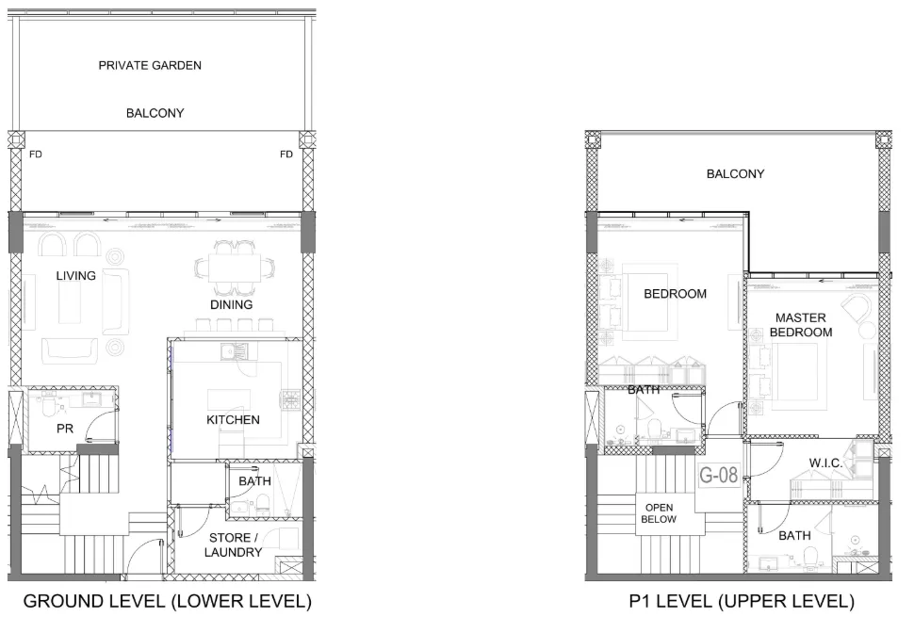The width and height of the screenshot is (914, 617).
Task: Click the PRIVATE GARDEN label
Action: [150, 65]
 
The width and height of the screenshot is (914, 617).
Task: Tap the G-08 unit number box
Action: [719, 475]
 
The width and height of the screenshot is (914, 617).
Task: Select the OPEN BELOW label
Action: [659, 513]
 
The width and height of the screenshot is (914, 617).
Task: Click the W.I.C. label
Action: [825, 463]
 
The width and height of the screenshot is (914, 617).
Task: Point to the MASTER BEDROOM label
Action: [801, 325]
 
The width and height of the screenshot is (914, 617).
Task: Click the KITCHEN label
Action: [233, 419]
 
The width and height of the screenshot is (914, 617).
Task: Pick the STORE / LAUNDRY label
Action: [233, 544]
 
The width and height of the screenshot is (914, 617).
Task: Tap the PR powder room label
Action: [65, 429]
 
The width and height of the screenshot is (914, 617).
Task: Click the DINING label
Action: [232, 304]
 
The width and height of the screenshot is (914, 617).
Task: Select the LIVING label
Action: [75, 276]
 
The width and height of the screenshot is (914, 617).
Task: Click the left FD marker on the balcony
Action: [36, 154]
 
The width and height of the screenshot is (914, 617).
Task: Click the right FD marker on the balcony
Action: [286, 154]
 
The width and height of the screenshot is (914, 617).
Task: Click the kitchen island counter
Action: [229, 399]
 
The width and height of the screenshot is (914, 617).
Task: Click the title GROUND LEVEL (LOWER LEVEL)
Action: [168, 601]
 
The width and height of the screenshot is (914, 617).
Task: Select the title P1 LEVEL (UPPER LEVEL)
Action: [742, 601]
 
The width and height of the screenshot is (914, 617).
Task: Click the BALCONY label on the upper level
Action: [735, 173]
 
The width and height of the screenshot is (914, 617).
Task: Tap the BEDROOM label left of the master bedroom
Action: [675, 294]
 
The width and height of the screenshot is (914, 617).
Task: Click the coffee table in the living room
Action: [70, 302]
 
